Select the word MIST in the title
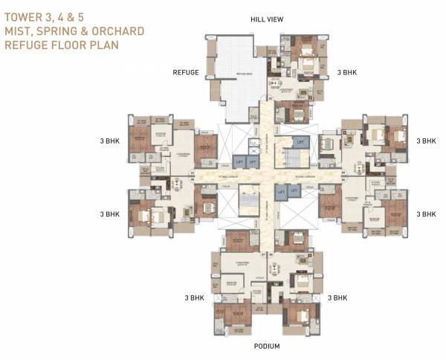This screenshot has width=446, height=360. (x=20, y=31)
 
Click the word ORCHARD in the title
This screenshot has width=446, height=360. (x=120, y=31)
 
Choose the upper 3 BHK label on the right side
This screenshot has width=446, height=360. (x=426, y=140)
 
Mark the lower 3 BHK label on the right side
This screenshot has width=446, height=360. (x=426, y=213)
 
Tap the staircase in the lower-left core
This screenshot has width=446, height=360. (x=246, y=202)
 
